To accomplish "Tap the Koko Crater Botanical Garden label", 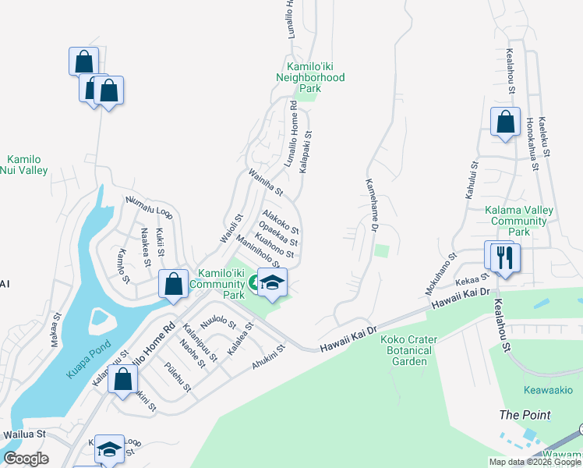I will point(408,350).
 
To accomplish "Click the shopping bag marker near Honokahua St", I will point(505,122).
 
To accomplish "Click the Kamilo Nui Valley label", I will point(24,165).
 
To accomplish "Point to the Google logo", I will point(26,459).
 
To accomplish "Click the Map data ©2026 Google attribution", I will point(534,461).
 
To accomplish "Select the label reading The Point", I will point(525,414).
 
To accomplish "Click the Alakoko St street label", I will point(281,221).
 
